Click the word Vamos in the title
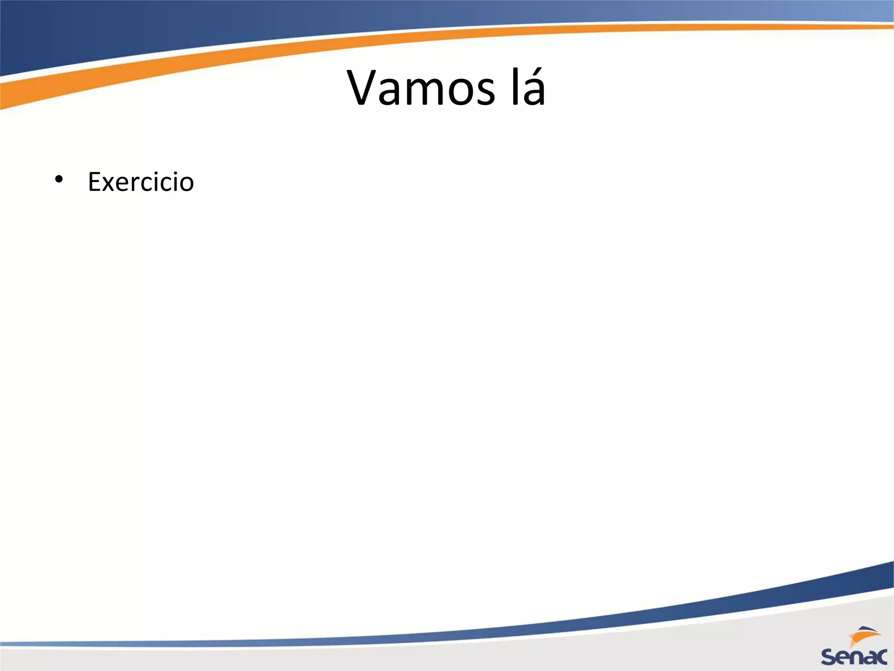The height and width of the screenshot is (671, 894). [x=421, y=88]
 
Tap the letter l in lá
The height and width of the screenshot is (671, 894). [x=515, y=87]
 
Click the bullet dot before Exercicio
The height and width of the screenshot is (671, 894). [x=58, y=180]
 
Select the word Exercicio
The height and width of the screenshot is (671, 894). [x=141, y=182]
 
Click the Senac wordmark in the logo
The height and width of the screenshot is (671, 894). [x=854, y=656]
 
